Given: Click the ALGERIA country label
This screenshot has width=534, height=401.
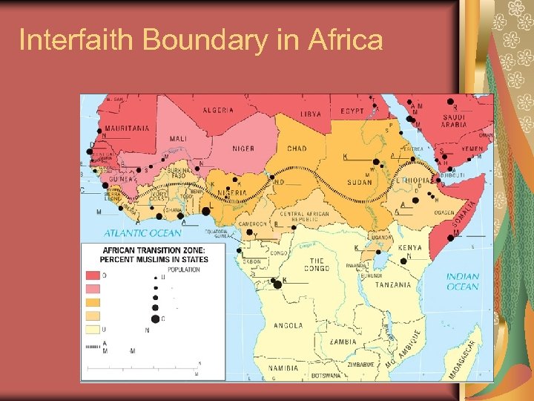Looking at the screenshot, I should click(x=218, y=110).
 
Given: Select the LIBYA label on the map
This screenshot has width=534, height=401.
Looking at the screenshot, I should click(x=311, y=114).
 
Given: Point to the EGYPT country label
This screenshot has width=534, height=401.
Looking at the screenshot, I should click(x=352, y=111).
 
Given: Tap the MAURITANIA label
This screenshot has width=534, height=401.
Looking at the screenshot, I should click(x=126, y=128).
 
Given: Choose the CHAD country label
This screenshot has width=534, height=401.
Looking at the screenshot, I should click(x=297, y=149).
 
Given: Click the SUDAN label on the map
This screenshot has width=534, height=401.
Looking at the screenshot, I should click(x=360, y=182).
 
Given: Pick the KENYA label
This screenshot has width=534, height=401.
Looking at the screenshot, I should click(x=409, y=248).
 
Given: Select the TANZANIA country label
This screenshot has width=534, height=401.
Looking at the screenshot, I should click(x=394, y=285).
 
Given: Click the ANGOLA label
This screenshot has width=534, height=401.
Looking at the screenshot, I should click(x=288, y=325).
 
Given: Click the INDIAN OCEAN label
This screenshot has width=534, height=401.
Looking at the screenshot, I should click(x=463, y=281).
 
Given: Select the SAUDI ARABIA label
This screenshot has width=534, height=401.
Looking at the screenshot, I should click(x=454, y=120).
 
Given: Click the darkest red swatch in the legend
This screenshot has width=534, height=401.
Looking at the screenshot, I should click(x=93, y=276).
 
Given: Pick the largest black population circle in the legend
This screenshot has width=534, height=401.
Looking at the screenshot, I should click(x=154, y=319).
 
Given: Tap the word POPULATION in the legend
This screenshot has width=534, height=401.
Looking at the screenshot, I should click(x=183, y=270).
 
